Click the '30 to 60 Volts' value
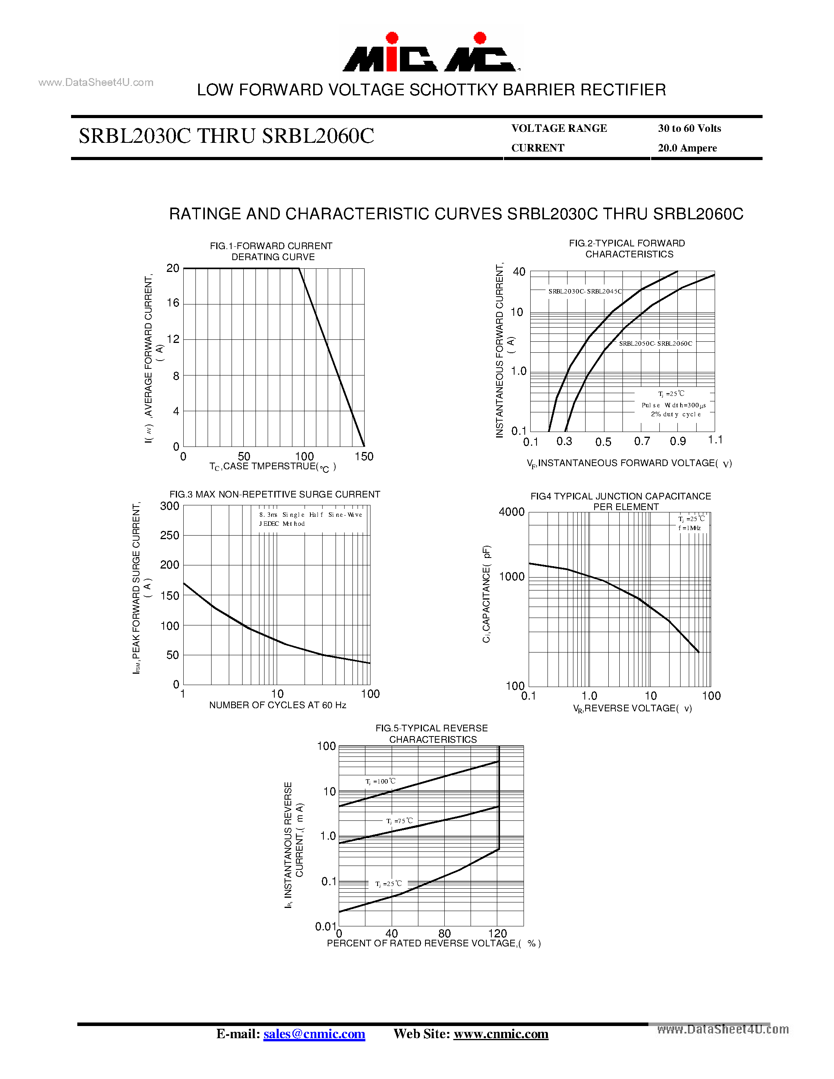[x=689, y=128]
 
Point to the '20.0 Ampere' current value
[x=687, y=148]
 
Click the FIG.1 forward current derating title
[x=271, y=252]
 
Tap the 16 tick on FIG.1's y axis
[x=172, y=303]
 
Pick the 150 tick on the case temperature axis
[x=364, y=456]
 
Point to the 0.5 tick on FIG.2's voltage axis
[x=603, y=442]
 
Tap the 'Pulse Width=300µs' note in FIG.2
[x=673, y=405]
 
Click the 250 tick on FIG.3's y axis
[x=170, y=536]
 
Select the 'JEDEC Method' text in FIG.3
[x=282, y=524]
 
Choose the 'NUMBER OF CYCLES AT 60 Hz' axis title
[x=277, y=705]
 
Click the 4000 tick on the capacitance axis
[x=511, y=512]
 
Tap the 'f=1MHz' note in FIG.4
[x=690, y=528]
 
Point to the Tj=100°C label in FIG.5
[x=380, y=782]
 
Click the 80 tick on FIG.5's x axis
[x=444, y=933]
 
